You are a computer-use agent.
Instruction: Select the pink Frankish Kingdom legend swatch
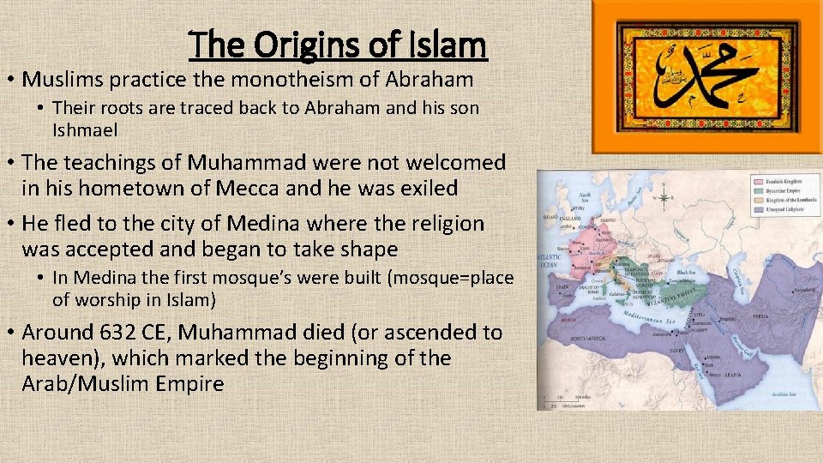759,183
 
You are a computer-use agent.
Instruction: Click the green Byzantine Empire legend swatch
759,192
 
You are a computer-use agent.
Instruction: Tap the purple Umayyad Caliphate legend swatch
759,211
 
